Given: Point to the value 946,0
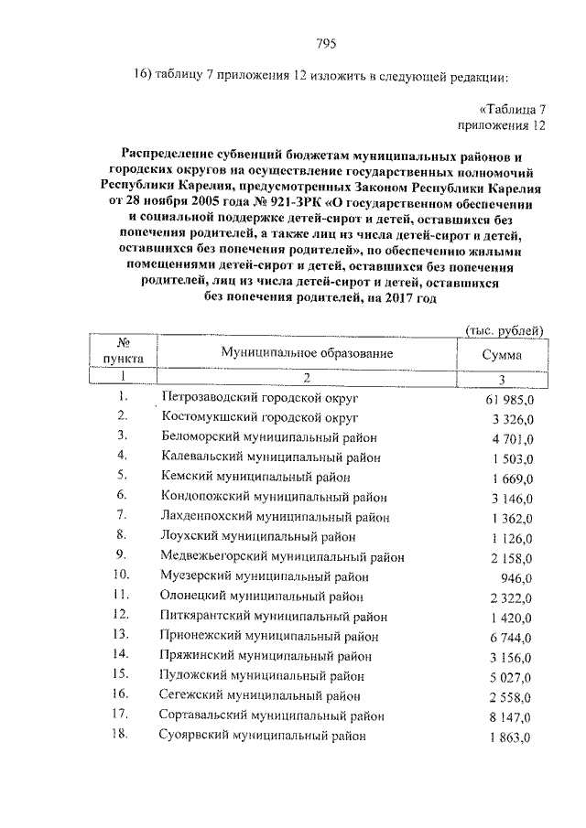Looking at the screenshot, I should point(528,577).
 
